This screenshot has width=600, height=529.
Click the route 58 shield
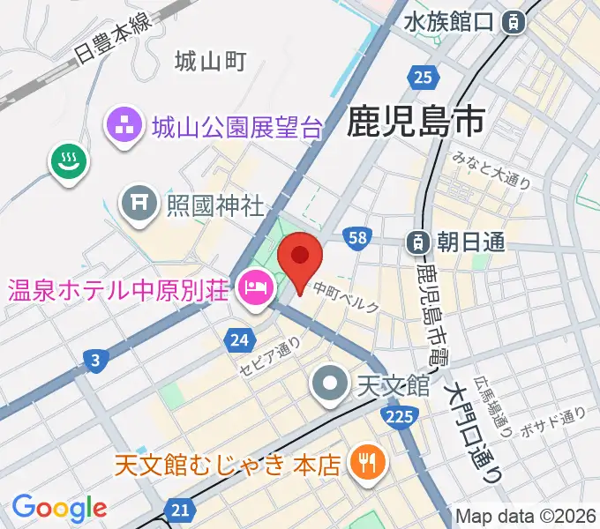point(357,237)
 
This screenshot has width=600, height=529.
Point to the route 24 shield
point(239,338)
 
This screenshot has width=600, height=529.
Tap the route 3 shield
point(94,358)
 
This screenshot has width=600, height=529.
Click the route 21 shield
point(181,510)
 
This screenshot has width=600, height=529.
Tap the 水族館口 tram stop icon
point(513,23)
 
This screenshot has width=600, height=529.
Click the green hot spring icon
point(67,161)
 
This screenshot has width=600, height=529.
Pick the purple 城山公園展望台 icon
point(124,128)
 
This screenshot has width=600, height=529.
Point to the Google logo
point(58,508)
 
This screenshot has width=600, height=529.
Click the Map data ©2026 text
point(527,516)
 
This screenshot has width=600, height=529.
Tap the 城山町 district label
point(210,61)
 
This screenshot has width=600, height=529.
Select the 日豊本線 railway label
point(112,36)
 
